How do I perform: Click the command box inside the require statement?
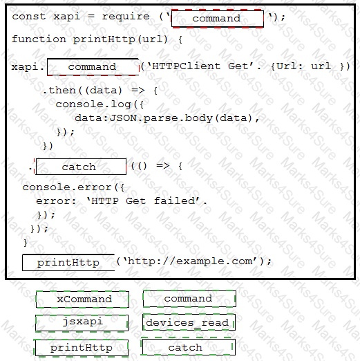coord(218,19)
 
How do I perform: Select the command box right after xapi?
coord(93,67)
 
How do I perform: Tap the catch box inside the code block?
coord(81,167)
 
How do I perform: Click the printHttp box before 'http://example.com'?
coord(68,262)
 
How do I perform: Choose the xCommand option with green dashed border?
coord(82,299)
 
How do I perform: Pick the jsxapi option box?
coord(82,323)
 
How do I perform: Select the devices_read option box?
coord(189,322)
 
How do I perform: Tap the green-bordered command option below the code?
coord(189,299)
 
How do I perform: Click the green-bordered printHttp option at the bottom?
coord(81,348)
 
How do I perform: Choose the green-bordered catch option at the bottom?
coord(188,347)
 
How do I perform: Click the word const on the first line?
coord(29,17)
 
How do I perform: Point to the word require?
coord(126,17)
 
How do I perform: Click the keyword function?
coord(39,39)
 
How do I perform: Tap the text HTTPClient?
coord(186,66)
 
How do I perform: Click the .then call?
coord(59,91)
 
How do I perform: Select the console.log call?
coord(93,104)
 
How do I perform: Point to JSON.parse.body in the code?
coord(161,118)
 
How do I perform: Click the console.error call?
coord(67,187)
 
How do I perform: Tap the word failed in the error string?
coord(175,201)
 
